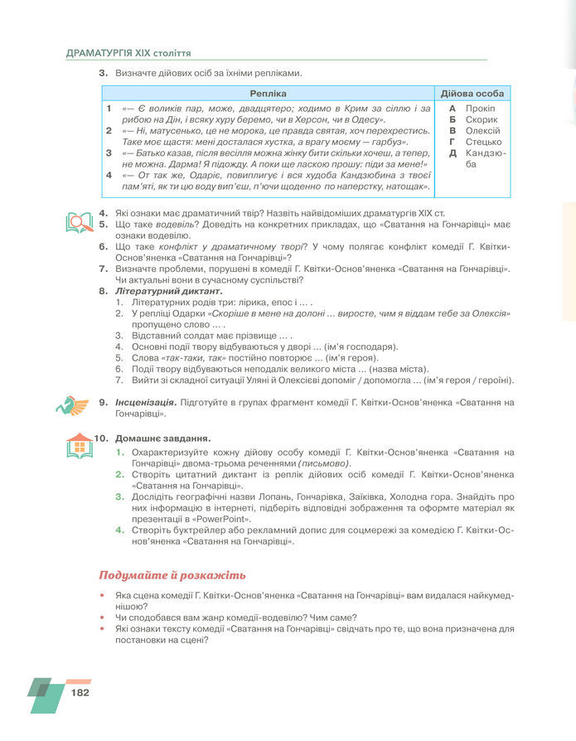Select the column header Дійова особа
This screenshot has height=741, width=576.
[472, 94]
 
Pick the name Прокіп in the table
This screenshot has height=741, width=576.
[481, 109]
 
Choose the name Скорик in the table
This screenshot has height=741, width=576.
[482, 119]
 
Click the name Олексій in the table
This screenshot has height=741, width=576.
[483, 131]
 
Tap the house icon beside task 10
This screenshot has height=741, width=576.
[80, 445]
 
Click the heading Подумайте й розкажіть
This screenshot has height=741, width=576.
[172, 575]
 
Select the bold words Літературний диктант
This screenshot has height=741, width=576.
[169, 291]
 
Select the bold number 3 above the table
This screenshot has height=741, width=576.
[104, 74]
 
